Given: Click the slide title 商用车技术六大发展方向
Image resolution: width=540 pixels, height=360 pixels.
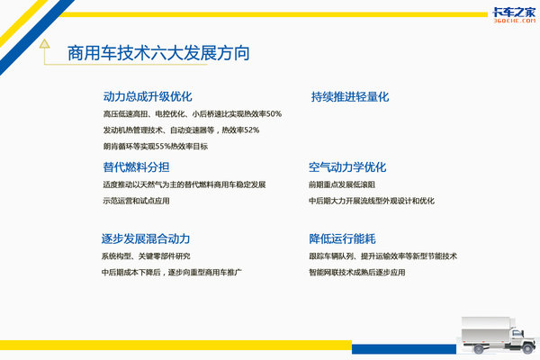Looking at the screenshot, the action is (x=158, y=53).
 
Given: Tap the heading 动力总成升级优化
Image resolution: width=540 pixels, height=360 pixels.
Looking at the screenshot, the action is (x=148, y=96).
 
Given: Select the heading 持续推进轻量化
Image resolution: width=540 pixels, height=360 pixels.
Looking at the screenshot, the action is (x=350, y=97).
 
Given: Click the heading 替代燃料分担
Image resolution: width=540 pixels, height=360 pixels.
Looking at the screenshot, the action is (x=137, y=167).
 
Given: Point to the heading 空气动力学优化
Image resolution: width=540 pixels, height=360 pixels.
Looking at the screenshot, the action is (x=347, y=167).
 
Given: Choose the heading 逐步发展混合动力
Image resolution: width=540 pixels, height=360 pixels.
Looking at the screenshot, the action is (x=146, y=238).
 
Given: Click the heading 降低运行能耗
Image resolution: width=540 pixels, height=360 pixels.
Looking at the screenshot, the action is (x=342, y=238).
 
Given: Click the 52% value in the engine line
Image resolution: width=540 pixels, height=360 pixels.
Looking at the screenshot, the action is (x=251, y=130).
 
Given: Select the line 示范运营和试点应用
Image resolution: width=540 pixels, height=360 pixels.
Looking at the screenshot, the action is (x=136, y=201).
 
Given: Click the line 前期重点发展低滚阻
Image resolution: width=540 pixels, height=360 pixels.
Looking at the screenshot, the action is (x=342, y=184).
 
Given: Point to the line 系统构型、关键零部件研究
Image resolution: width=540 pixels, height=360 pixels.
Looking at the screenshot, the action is (x=146, y=256).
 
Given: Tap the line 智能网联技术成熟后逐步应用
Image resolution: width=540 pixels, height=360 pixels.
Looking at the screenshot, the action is (x=356, y=273).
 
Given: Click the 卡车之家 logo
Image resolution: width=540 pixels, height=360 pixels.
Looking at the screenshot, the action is (x=514, y=15).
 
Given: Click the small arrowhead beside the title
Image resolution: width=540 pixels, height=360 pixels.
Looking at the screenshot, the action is (x=44, y=43).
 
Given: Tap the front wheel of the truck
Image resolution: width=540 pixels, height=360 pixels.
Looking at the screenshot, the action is (x=528, y=348).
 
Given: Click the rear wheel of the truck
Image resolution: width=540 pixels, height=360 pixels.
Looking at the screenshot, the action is (x=479, y=349).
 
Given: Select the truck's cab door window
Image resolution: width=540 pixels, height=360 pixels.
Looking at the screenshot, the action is (x=517, y=333).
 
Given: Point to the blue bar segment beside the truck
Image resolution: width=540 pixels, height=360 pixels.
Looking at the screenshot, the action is (x=404, y=349).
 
